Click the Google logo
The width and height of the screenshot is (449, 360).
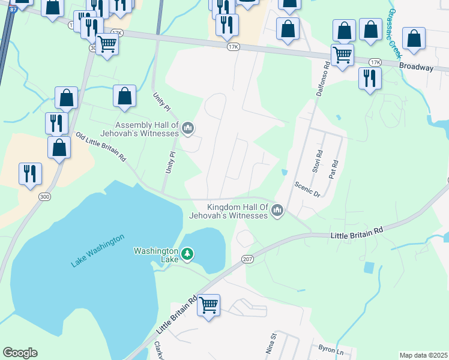20,353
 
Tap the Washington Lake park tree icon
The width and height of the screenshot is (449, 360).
187,255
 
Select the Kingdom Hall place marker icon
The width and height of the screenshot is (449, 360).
277,211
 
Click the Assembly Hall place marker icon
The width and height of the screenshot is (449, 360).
188,127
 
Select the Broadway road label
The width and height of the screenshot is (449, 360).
416,67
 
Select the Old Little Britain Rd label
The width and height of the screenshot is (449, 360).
100,148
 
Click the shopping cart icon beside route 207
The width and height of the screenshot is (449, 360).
208,305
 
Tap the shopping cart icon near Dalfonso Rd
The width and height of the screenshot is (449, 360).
342,55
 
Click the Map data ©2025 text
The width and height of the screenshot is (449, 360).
423,355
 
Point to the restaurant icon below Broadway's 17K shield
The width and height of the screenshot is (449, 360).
370,79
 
